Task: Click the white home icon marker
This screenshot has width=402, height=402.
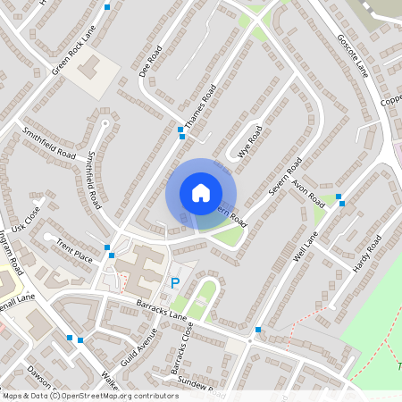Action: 201,193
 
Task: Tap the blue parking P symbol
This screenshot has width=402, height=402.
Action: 174,283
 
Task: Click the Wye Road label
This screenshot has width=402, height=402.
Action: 249,141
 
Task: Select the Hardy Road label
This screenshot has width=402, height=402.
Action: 367,254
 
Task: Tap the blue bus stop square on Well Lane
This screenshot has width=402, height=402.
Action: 340,204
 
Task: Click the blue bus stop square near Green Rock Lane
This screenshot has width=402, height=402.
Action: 108,7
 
